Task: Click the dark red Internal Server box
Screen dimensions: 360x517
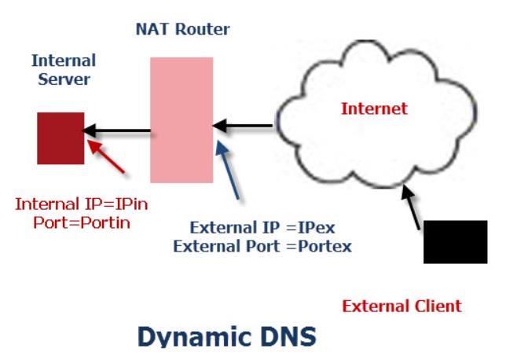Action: pos(60,138)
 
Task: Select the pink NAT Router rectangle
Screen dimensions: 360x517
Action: pos(181,119)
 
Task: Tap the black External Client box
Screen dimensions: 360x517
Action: pos(455,241)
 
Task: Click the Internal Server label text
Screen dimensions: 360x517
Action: pos(63,70)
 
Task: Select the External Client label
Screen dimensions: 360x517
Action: pos(402,306)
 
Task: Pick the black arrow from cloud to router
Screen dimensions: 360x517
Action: pos(244,124)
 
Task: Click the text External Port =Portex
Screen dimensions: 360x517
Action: pos(262,245)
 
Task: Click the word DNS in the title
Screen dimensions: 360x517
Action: pos(281,336)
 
